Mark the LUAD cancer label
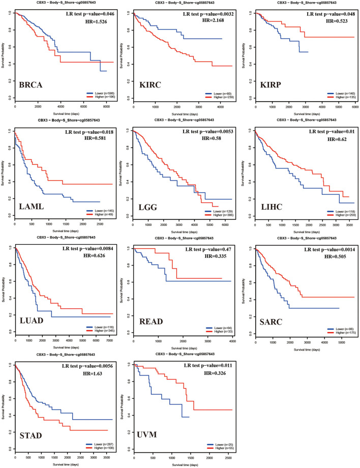[32, 316]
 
